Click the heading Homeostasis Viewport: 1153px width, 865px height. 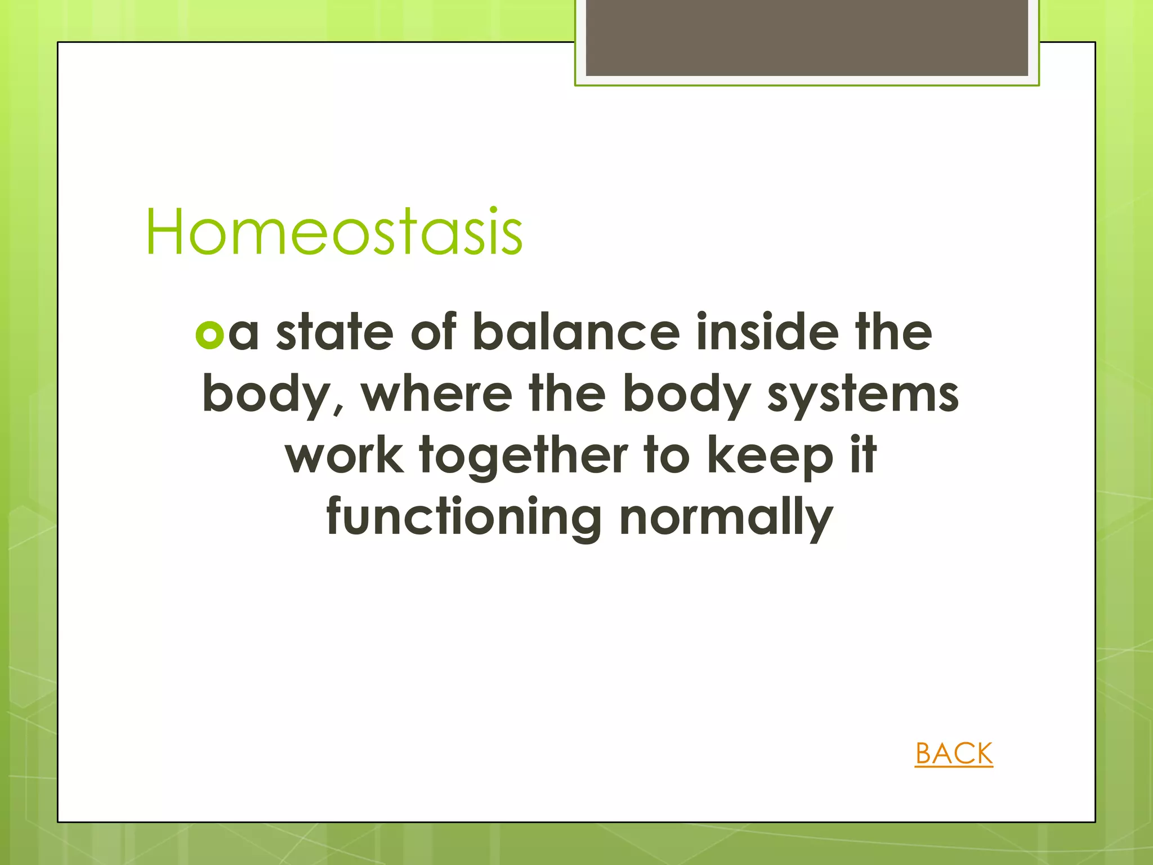click(334, 232)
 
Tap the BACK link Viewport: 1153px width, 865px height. click(954, 753)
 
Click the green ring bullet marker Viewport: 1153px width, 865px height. click(209, 335)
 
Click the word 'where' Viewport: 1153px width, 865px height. click(436, 394)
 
